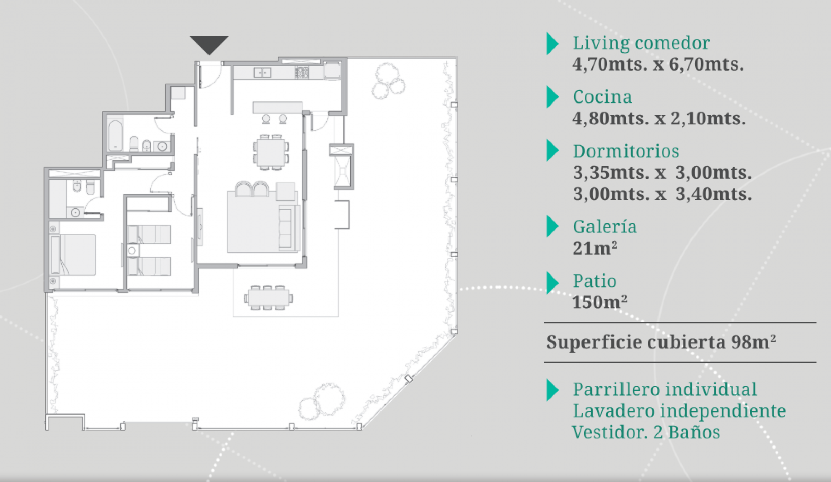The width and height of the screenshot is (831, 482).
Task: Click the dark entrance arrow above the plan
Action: coord(209,44)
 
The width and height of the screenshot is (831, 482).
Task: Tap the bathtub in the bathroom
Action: coord(115,134)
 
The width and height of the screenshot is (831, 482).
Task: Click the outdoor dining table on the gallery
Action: coord(267,297)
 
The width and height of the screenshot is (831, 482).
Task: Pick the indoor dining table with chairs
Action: coord(270,152)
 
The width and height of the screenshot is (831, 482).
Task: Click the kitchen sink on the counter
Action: coord(262,73)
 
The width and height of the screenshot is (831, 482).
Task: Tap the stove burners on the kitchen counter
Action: coord(302,73)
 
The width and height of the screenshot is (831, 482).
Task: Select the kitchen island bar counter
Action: coord(278,108)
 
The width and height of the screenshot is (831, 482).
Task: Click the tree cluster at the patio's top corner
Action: coord(388,81)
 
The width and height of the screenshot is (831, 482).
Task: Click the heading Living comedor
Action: coord(641,43)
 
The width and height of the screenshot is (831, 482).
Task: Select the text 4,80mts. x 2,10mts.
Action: coord(659,118)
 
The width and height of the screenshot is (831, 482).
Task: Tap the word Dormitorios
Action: coord(626,151)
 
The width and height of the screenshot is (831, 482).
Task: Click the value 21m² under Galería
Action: coord(595,248)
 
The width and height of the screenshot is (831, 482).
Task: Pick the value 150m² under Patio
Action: coord(599,302)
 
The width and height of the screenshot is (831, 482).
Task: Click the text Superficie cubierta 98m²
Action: coord(661,342)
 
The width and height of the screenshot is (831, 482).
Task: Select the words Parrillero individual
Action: coord(665,389)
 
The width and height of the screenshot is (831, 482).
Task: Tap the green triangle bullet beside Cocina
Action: coord(552,97)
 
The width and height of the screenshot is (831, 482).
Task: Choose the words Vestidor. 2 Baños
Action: coord(646,432)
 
